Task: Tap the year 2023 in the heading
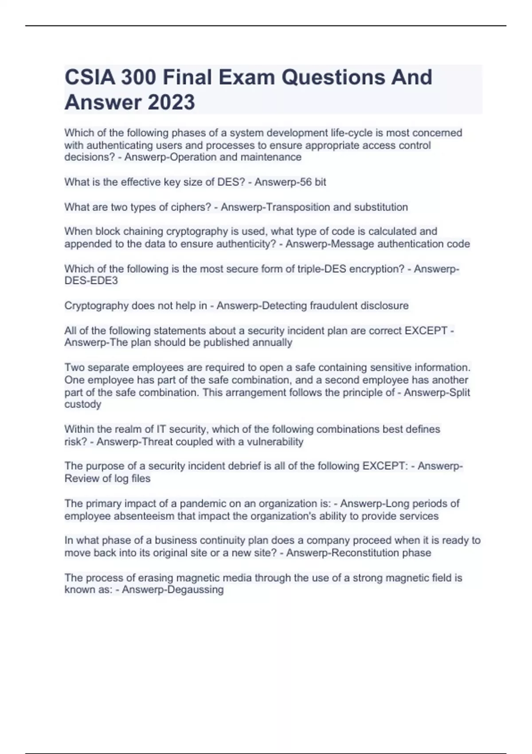click(x=171, y=102)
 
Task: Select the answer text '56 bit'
click(x=309, y=182)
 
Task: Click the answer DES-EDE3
click(x=91, y=281)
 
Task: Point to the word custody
click(x=83, y=404)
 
